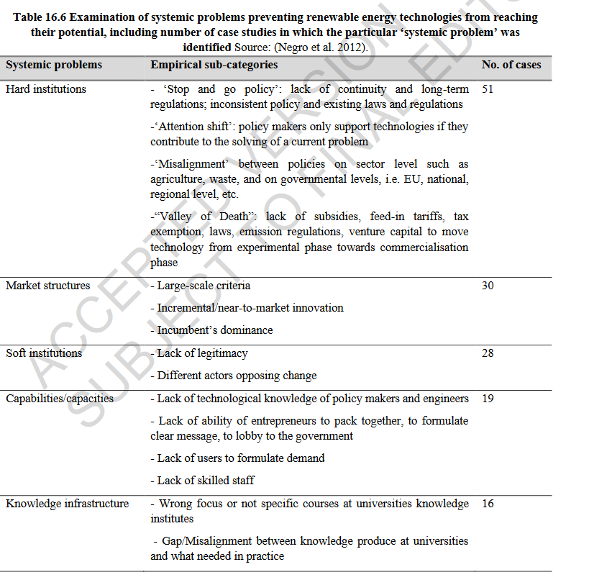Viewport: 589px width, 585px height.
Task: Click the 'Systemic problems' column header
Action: click(x=54, y=65)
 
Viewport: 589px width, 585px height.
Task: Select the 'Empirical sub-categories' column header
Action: click(x=214, y=65)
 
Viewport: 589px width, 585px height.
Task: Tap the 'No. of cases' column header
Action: click(x=511, y=65)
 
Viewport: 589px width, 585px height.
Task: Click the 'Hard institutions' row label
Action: click(x=46, y=89)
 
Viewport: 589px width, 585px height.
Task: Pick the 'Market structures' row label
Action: click(x=48, y=286)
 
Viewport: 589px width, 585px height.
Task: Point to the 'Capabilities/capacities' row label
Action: click(x=60, y=399)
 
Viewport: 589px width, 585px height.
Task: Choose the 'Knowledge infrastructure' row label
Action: click(x=68, y=504)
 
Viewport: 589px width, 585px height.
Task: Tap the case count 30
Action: click(x=488, y=286)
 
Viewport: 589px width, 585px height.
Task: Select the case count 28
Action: click(x=488, y=353)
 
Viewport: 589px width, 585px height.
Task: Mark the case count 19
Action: click(x=488, y=399)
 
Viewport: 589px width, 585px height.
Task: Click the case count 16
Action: click(x=488, y=504)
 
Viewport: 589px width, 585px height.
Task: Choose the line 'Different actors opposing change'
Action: click(x=234, y=376)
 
